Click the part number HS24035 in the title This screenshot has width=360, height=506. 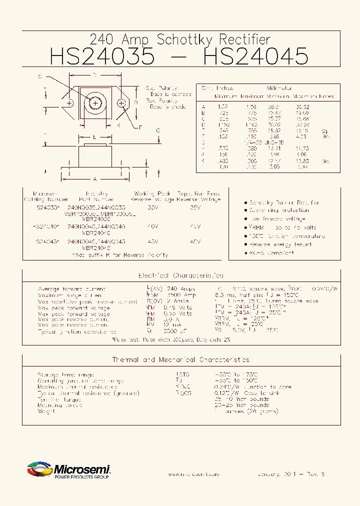[x=102, y=56]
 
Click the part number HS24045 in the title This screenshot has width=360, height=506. [x=255, y=56]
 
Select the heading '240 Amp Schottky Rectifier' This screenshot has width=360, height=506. [x=180, y=39]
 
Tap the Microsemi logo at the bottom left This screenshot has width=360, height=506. [x=68, y=470]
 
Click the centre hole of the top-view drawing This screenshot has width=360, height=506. [x=95, y=103]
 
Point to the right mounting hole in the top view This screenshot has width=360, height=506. [x=121, y=103]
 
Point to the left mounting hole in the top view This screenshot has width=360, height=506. [x=69, y=103]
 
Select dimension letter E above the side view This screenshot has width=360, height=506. [x=94, y=136]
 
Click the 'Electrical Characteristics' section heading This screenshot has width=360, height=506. [x=180, y=275]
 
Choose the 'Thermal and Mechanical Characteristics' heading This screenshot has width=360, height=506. [x=180, y=359]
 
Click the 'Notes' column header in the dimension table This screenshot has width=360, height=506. [x=326, y=96]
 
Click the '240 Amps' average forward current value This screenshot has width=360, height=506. [x=181, y=289]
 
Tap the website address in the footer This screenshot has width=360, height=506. [x=193, y=473]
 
